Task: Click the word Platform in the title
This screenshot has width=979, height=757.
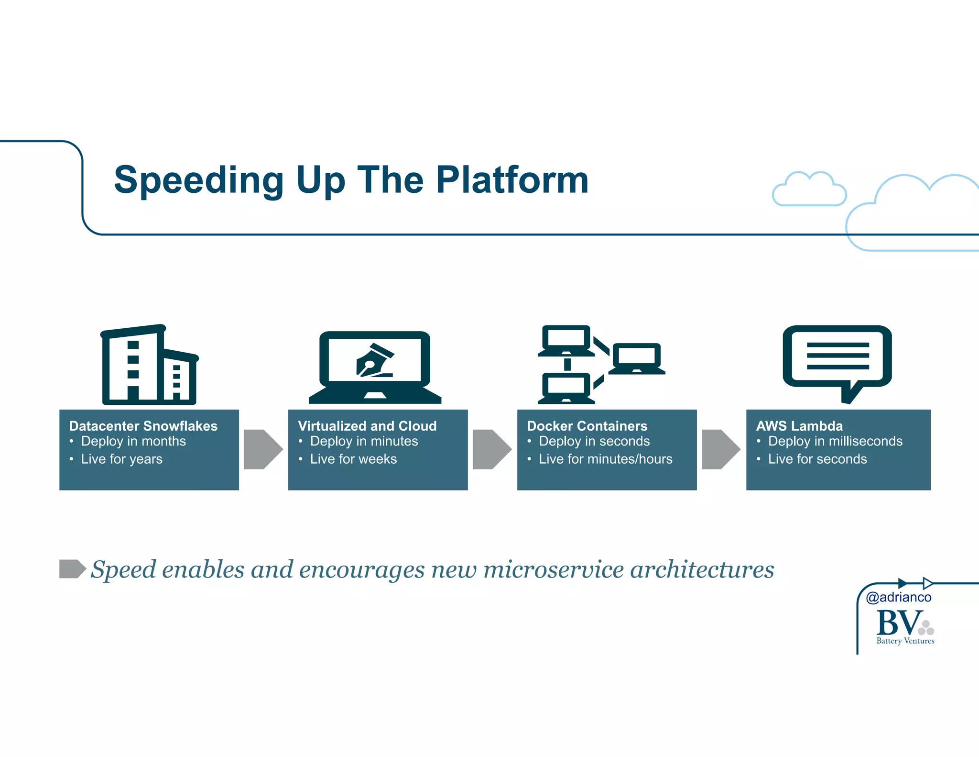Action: click(512, 180)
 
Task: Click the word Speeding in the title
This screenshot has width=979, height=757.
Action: click(199, 180)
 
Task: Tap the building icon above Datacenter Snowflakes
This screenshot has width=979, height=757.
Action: click(149, 365)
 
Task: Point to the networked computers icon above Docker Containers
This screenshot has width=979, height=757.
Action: click(600, 365)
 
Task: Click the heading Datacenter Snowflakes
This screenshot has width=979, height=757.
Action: click(143, 426)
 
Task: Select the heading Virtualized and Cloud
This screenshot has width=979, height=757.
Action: click(367, 426)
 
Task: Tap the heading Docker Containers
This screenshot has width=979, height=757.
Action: click(587, 426)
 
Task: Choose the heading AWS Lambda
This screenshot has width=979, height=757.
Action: click(799, 426)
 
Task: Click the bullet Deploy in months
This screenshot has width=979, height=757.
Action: click(133, 441)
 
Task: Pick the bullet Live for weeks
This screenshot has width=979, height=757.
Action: click(353, 459)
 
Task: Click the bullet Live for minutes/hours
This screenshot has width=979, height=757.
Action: click(605, 459)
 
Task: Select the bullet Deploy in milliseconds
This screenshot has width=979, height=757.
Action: click(835, 441)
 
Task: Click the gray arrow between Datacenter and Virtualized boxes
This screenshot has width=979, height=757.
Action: click(262, 449)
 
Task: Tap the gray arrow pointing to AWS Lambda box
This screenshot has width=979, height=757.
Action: click(720, 449)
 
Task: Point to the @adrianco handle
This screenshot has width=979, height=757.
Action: click(899, 597)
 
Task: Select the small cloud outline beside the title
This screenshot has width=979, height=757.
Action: click(809, 189)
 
